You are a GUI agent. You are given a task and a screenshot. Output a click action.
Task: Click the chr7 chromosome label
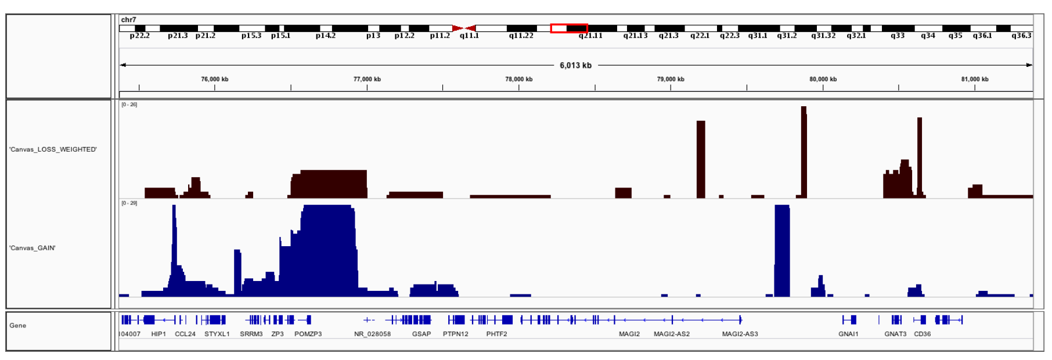point(128,20)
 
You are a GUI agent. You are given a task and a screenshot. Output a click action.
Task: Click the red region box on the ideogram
point(569,28)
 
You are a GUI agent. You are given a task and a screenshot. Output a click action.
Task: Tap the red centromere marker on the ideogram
point(464,28)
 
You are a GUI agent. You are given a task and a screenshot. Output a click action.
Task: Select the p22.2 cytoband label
point(139,36)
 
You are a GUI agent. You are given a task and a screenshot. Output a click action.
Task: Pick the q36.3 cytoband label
point(1021,36)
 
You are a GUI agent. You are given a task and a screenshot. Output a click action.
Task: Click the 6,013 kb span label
point(575,65)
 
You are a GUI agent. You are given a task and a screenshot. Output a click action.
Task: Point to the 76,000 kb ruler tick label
point(215,79)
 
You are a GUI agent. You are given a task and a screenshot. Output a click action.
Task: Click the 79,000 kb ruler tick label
point(671,79)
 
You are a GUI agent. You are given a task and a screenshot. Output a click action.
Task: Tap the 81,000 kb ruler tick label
point(975,79)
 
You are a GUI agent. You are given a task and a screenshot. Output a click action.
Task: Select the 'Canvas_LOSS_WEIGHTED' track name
point(53,149)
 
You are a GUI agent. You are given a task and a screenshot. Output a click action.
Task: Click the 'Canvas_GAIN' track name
point(33,248)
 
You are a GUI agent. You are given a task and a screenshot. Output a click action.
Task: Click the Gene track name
point(18,326)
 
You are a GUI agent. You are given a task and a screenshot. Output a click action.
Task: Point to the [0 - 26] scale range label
point(129,105)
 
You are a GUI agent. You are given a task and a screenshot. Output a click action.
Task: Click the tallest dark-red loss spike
point(804,151)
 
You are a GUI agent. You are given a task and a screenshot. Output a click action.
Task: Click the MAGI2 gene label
point(629,334)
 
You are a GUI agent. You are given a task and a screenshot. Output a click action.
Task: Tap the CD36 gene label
point(922,334)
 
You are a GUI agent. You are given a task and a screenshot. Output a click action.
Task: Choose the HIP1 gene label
point(158,334)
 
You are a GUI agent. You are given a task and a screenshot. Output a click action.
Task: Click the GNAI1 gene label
point(848,334)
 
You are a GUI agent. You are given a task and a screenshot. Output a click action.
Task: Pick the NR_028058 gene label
point(372,334)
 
